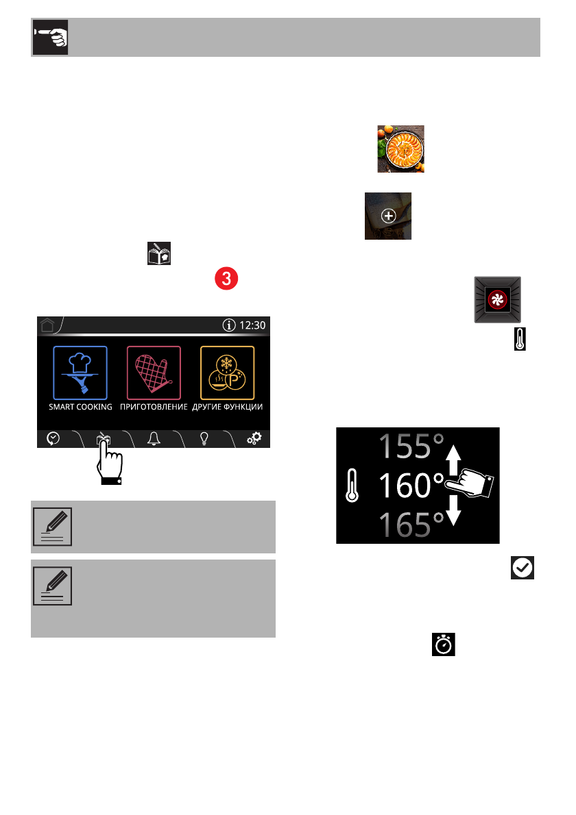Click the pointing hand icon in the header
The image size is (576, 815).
pyautogui.click(x=49, y=38)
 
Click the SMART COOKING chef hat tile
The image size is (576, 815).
pyautogui.click(x=80, y=373)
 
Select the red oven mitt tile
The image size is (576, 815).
pyautogui.click(x=154, y=373)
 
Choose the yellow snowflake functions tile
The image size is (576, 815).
pyautogui.click(x=227, y=373)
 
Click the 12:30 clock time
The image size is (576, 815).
pyautogui.click(x=251, y=325)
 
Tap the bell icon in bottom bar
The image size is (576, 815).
pyautogui.click(x=154, y=439)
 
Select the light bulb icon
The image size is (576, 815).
pyautogui.click(x=204, y=439)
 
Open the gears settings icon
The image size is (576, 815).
pyautogui.click(x=254, y=439)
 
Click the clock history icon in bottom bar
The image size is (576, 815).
pyautogui.click(x=53, y=439)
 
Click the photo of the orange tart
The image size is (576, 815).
pyautogui.click(x=400, y=149)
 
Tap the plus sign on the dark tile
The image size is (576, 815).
pyautogui.click(x=388, y=216)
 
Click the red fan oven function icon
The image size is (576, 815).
pyautogui.click(x=496, y=300)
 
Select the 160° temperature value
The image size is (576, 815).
pyautogui.click(x=411, y=486)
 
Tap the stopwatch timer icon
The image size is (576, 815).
pyautogui.click(x=444, y=645)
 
